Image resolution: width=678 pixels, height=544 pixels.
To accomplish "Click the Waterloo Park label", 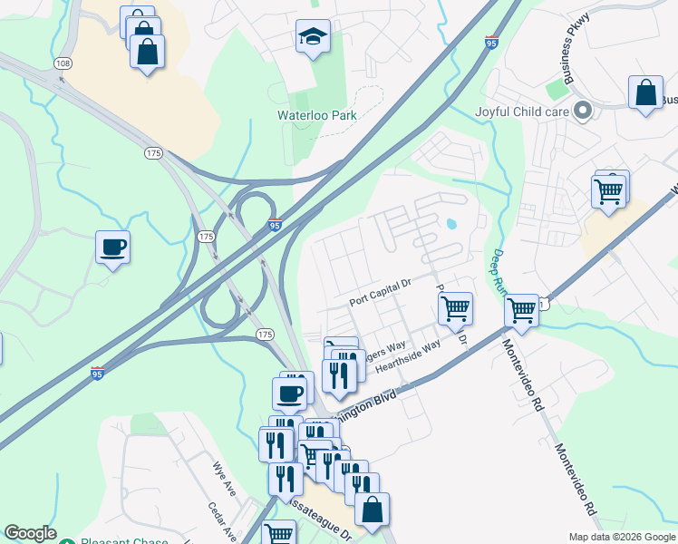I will click(x=316, y=115).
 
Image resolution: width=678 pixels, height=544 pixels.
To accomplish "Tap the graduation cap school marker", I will click(x=313, y=38).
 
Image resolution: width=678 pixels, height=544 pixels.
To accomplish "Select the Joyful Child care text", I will click(x=521, y=112).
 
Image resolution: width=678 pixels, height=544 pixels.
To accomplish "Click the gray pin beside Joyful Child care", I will click(x=584, y=112).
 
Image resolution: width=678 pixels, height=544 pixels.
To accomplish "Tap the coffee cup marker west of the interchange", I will click(x=113, y=248).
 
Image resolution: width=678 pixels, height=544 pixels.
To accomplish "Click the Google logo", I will click(x=30, y=533).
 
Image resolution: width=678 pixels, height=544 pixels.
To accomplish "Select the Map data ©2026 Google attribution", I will click(x=621, y=537).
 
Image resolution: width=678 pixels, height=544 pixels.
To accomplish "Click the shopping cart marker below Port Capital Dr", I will click(x=455, y=308).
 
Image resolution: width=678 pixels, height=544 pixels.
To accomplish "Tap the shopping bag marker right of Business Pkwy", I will click(x=645, y=92).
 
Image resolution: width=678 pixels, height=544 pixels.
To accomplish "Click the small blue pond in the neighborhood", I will click(x=451, y=223).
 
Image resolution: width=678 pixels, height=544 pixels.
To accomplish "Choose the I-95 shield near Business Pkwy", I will click(x=491, y=43).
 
